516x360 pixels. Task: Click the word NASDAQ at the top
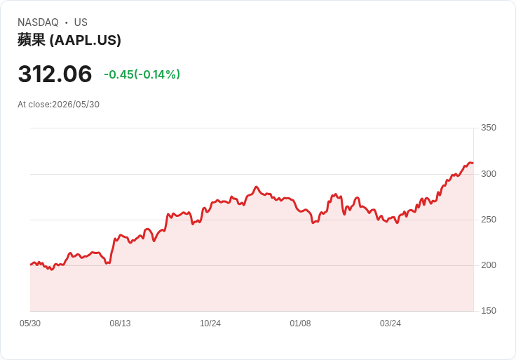click(x=38, y=22)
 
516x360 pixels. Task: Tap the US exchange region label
click(x=81, y=22)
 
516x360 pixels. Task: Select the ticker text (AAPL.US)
click(x=86, y=40)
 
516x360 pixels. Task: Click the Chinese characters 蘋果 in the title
click(x=32, y=40)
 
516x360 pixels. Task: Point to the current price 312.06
click(x=55, y=74)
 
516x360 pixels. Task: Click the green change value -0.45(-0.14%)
click(x=142, y=74)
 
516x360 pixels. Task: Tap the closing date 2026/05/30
click(x=76, y=105)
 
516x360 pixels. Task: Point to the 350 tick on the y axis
click(x=489, y=128)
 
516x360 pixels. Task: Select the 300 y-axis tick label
click(x=489, y=174)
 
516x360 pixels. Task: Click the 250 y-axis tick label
click(x=489, y=220)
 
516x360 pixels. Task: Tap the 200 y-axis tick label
click(x=489, y=265)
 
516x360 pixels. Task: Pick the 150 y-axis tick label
click(x=489, y=311)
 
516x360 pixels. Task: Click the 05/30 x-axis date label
click(x=30, y=324)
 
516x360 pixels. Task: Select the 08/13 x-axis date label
click(x=120, y=324)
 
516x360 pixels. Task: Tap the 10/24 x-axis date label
click(x=210, y=324)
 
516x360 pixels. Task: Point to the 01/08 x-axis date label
click(x=300, y=324)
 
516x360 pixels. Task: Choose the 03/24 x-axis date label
click(x=391, y=324)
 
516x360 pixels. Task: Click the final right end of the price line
click(x=473, y=163)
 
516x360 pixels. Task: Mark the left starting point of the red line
click(x=31, y=264)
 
